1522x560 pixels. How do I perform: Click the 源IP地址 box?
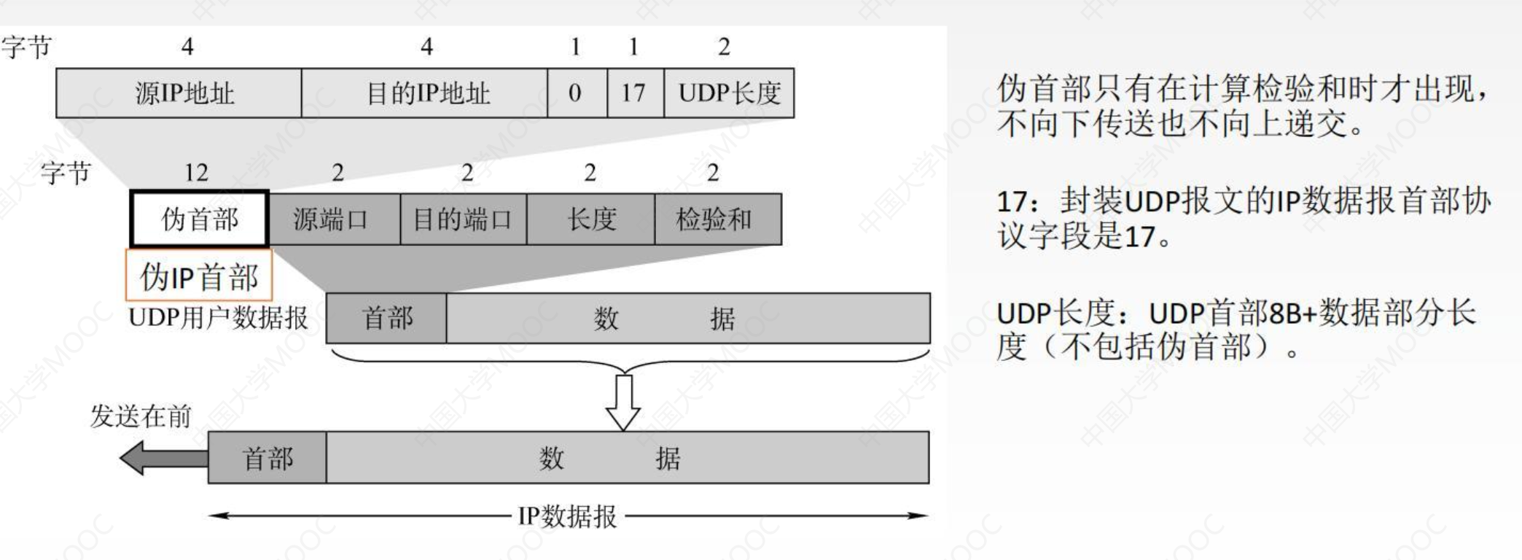tap(179, 93)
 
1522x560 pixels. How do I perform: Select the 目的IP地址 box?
tap(424, 93)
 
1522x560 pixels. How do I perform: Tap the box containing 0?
tap(577, 93)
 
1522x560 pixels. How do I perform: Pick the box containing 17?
tap(635, 93)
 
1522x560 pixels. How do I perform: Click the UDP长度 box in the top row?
tap(729, 93)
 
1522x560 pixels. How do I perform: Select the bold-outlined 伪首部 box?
tap(200, 219)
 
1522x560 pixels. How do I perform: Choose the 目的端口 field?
tap(463, 219)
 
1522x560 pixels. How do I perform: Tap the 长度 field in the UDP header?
tap(590, 219)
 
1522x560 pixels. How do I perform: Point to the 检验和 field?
tap(717, 219)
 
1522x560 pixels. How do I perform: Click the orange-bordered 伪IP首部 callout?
tap(199, 276)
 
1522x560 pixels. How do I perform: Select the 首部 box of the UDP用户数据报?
tap(386, 318)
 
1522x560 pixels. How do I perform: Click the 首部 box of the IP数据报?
tap(267, 458)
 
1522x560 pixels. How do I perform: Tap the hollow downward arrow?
tap(623, 401)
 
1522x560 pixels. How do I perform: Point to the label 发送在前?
tap(140, 416)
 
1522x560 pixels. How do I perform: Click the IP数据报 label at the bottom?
tap(567, 516)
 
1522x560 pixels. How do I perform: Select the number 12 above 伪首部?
tap(196, 173)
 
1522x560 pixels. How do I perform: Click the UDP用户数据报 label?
tap(219, 318)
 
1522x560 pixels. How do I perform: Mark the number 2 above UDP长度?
tap(723, 47)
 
